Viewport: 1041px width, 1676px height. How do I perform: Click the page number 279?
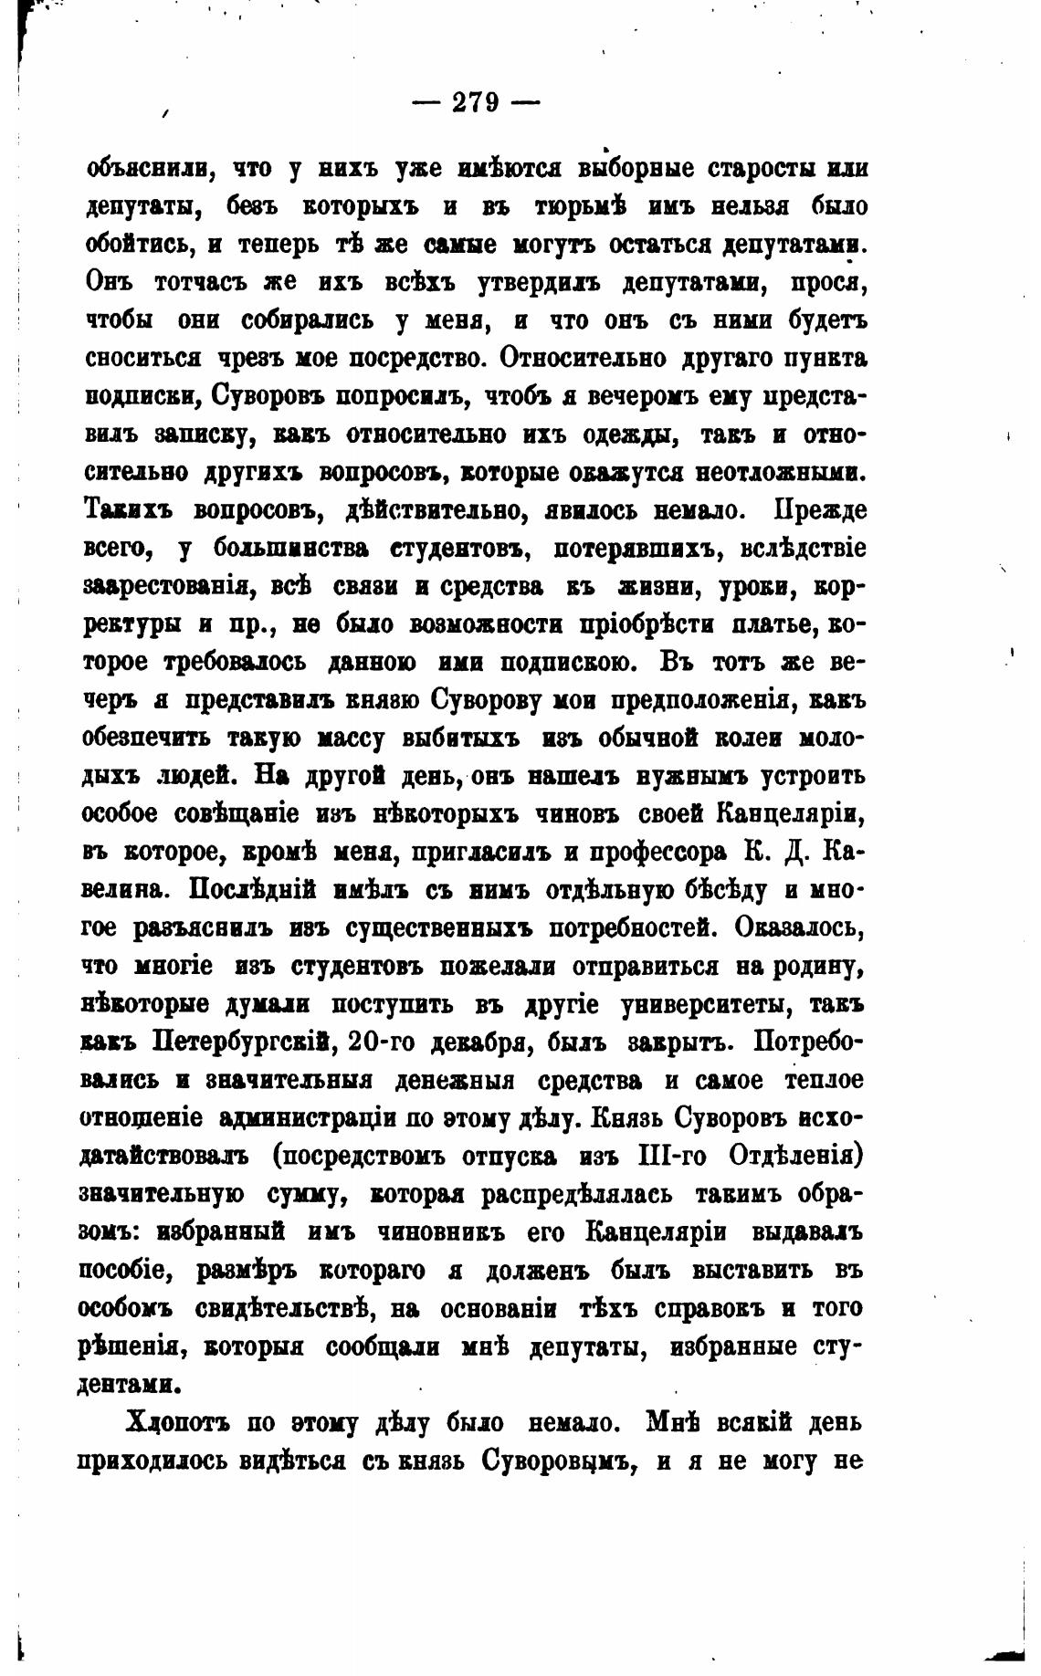(476, 102)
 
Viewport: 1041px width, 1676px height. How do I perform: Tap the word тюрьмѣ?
(574, 207)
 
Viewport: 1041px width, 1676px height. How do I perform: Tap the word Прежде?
(820, 510)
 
